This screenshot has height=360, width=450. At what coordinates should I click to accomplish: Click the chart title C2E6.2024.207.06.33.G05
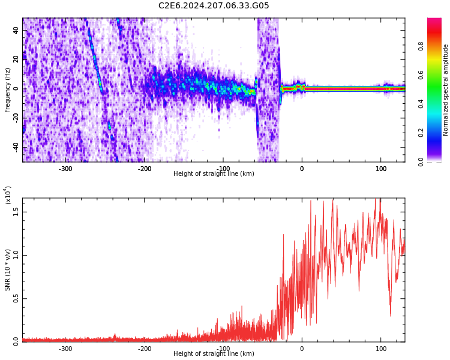[214, 6]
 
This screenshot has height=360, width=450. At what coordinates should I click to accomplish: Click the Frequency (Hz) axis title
[8, 90]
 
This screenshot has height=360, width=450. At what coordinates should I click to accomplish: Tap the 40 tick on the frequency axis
[17, 30]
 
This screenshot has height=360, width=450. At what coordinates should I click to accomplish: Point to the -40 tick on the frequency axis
[16, 148]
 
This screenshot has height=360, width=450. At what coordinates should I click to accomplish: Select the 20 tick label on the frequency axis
[17, 59]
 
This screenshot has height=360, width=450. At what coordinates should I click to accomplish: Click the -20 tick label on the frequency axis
[16, 118]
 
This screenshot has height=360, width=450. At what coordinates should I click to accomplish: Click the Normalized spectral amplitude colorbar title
[446, 90]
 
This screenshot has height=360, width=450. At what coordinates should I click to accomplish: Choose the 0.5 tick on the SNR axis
[16, 298]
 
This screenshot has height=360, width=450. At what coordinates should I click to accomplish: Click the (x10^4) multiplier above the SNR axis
[8, 194]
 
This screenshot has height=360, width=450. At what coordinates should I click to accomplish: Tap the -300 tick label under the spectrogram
[65, 169]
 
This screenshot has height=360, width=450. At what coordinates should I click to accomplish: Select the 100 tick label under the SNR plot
[380, 349]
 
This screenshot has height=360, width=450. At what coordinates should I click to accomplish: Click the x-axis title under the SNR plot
[214, 354]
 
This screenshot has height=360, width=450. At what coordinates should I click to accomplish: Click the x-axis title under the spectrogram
[214, 174]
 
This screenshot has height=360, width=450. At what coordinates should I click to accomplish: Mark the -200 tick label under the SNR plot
[145, 349]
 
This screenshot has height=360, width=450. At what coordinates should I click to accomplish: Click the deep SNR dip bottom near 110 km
[391, 315]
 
